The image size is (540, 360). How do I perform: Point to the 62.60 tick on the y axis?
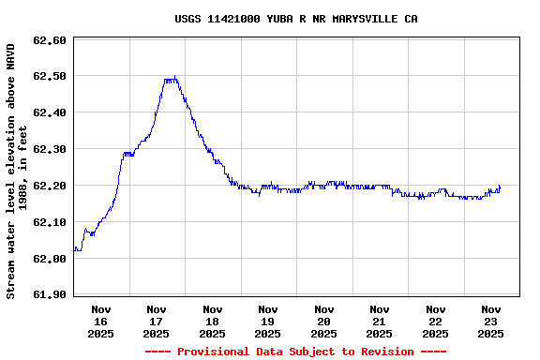point(49,40)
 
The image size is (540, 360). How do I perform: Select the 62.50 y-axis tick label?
point(49,77)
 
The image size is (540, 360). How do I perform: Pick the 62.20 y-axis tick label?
point(49,187)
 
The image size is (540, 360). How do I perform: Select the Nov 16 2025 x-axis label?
point(101,321)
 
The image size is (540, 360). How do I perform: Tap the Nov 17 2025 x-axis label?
point(157,321)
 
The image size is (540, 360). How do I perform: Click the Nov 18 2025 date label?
point(213,321)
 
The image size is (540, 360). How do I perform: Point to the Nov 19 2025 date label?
point(268,321)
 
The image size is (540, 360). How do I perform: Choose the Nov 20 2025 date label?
point(324,321)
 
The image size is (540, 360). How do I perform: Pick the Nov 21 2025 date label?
point(380,321)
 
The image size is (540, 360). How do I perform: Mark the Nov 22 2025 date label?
point(436,321)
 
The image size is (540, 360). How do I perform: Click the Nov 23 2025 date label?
point(491,321)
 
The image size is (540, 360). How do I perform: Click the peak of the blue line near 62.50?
point(173,78)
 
